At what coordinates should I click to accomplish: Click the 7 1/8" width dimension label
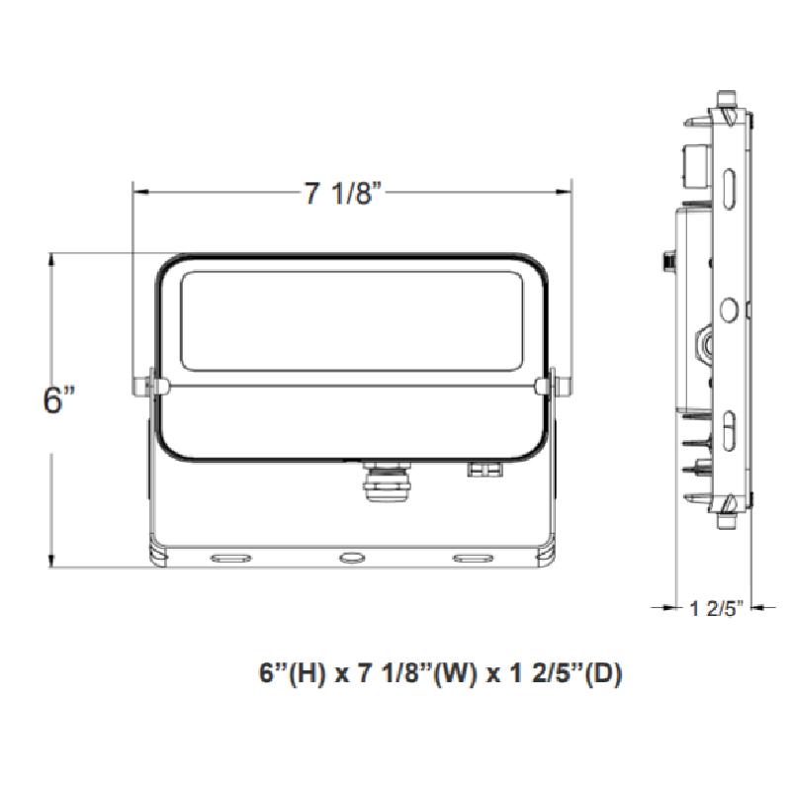pyautogui.click(x=342, y=194)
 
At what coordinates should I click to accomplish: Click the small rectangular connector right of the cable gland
pyautogui.click(x=482, y=471)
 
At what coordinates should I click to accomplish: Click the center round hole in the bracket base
pyautogui.click(x=351, y=559)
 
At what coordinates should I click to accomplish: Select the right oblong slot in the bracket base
pyautogui.click(x=472, y=559)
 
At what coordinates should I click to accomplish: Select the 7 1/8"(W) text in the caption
pyautogui.click(x=400, y=675)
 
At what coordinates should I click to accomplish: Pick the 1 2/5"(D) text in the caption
pyautogui.click(x=560, y=675)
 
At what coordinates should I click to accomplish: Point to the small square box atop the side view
pyautogui.click(x=693, y=162)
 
